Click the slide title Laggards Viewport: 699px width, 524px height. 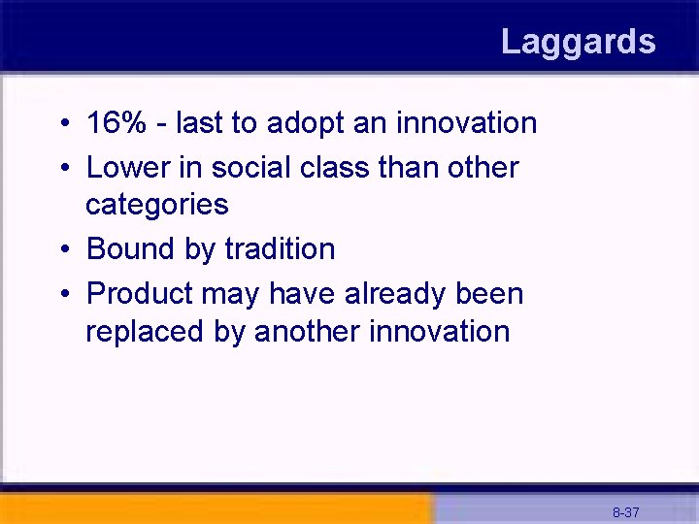[x=578, y=42]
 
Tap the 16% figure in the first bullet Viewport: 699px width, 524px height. [x=114, y=123]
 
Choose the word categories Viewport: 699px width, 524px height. [x=157, y=205]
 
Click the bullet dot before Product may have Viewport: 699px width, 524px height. [x=62, y=295]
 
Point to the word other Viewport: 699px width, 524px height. [x=483, y=167]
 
